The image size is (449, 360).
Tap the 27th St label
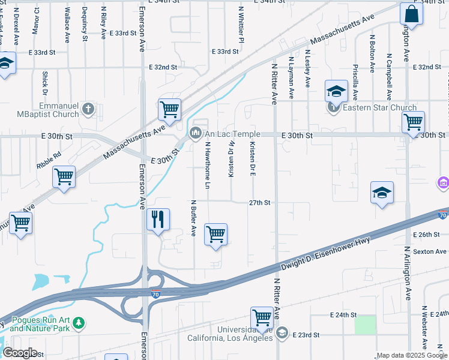(x=260, y=203)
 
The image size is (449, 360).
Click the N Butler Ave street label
(x=193, y=217)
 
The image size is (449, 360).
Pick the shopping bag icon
(x=412, y=13)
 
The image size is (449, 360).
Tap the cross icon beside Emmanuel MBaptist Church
(x=88, y=109)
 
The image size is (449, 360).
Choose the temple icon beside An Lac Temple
(x=195, y=133)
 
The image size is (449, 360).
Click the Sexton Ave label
(x=429, y=251)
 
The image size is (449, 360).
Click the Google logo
(x=20, y=353)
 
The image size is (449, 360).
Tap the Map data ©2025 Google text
(x=412, y=355)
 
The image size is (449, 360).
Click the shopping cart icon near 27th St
(x=215, y=234)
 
